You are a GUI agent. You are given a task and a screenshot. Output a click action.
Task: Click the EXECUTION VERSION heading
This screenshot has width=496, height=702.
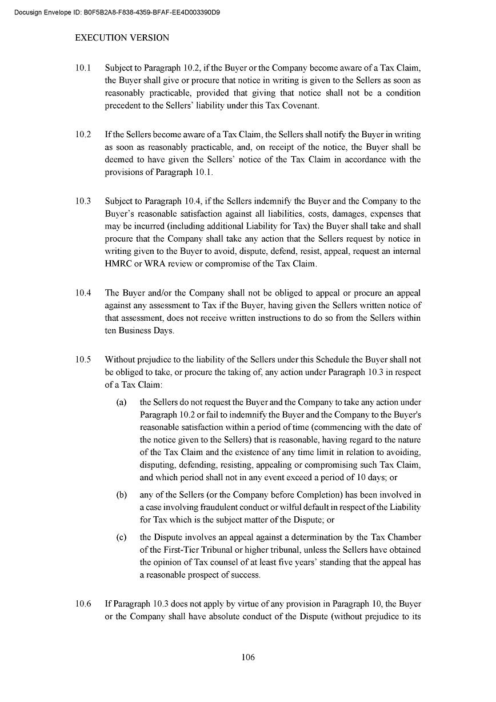[x=122, y=38]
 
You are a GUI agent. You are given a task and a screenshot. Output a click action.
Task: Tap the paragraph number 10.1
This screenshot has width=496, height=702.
[x=83, y=68]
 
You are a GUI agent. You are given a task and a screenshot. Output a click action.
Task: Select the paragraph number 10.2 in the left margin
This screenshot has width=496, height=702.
[x=83, y=134]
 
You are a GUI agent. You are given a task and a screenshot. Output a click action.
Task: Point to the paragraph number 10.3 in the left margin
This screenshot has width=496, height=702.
[x=83, y=201]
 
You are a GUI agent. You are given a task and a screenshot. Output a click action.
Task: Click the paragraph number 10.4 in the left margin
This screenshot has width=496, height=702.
[x=83, y=293]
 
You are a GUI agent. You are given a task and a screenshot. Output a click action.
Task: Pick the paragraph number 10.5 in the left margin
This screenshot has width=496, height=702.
[x=83, y=360]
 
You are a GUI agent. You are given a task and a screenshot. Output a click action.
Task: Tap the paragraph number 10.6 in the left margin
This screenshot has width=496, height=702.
[x=83, y=604]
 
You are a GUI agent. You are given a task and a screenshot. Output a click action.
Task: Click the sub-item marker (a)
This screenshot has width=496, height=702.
[x=121, y=402]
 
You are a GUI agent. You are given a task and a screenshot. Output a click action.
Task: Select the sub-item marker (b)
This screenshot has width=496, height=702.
[x=121, y=494]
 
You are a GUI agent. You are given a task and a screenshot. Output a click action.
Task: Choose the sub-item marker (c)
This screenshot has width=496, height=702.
[x=121, y=537]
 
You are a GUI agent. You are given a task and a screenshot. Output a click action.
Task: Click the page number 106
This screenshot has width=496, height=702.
[x=248, y=657]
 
